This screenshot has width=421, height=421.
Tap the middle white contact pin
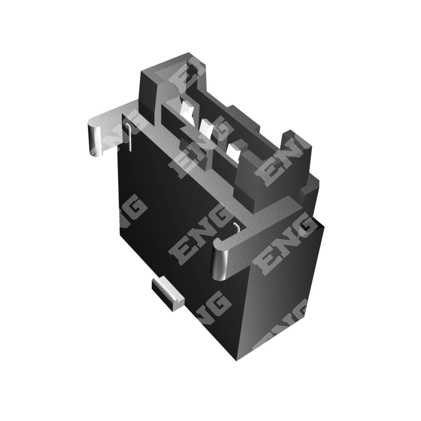[x=207, y=128]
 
